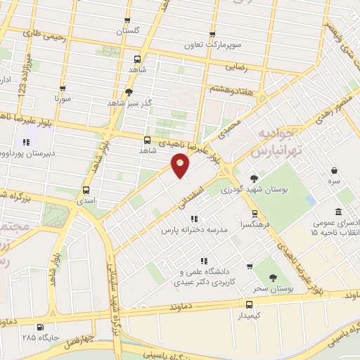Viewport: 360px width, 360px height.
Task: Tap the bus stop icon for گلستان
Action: [127, 21]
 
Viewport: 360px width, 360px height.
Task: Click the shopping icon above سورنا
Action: [63, 89]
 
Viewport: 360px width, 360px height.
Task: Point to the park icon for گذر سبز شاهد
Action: [128, 91]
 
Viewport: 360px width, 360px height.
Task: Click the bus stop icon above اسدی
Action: [86, 190]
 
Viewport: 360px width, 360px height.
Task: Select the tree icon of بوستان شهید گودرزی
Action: [254, 178]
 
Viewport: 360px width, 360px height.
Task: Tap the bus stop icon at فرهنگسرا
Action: [255, 214]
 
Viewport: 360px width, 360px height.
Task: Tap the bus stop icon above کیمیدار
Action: [250, 304]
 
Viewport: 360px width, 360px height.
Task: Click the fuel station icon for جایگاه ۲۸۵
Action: [39, 327]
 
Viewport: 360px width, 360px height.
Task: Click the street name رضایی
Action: [234, 67]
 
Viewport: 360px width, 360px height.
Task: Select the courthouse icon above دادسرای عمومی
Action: [339, 212]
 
